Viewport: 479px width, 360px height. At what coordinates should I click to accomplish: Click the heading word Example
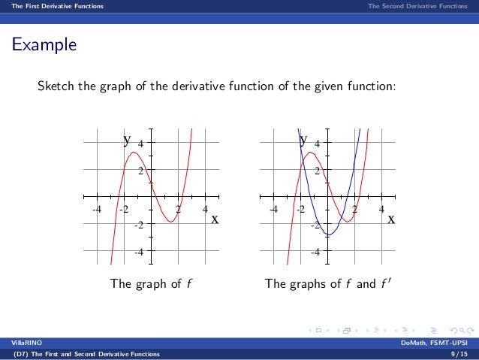pyautogui.click(x=43, y=45)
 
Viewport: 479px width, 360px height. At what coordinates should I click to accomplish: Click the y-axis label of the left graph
pyautogui.click(x=128, y=139)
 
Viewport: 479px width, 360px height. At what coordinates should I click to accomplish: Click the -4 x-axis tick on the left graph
pyautogui.click(x=95, y=209)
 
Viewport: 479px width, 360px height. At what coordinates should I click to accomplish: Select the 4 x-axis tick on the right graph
pyautogui.click(x=382, y=209)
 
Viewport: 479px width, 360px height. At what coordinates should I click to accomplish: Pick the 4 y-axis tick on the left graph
pyautogui.click(x=140, y=143)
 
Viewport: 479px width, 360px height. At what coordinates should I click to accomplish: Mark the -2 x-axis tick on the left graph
pyautogui.click(x=122, y=209)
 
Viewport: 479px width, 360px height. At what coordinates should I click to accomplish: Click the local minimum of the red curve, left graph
pyautogui.click(x=170, y=222)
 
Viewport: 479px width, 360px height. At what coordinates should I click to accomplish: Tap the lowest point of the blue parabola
pyautogui.click(x=329, y=235)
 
